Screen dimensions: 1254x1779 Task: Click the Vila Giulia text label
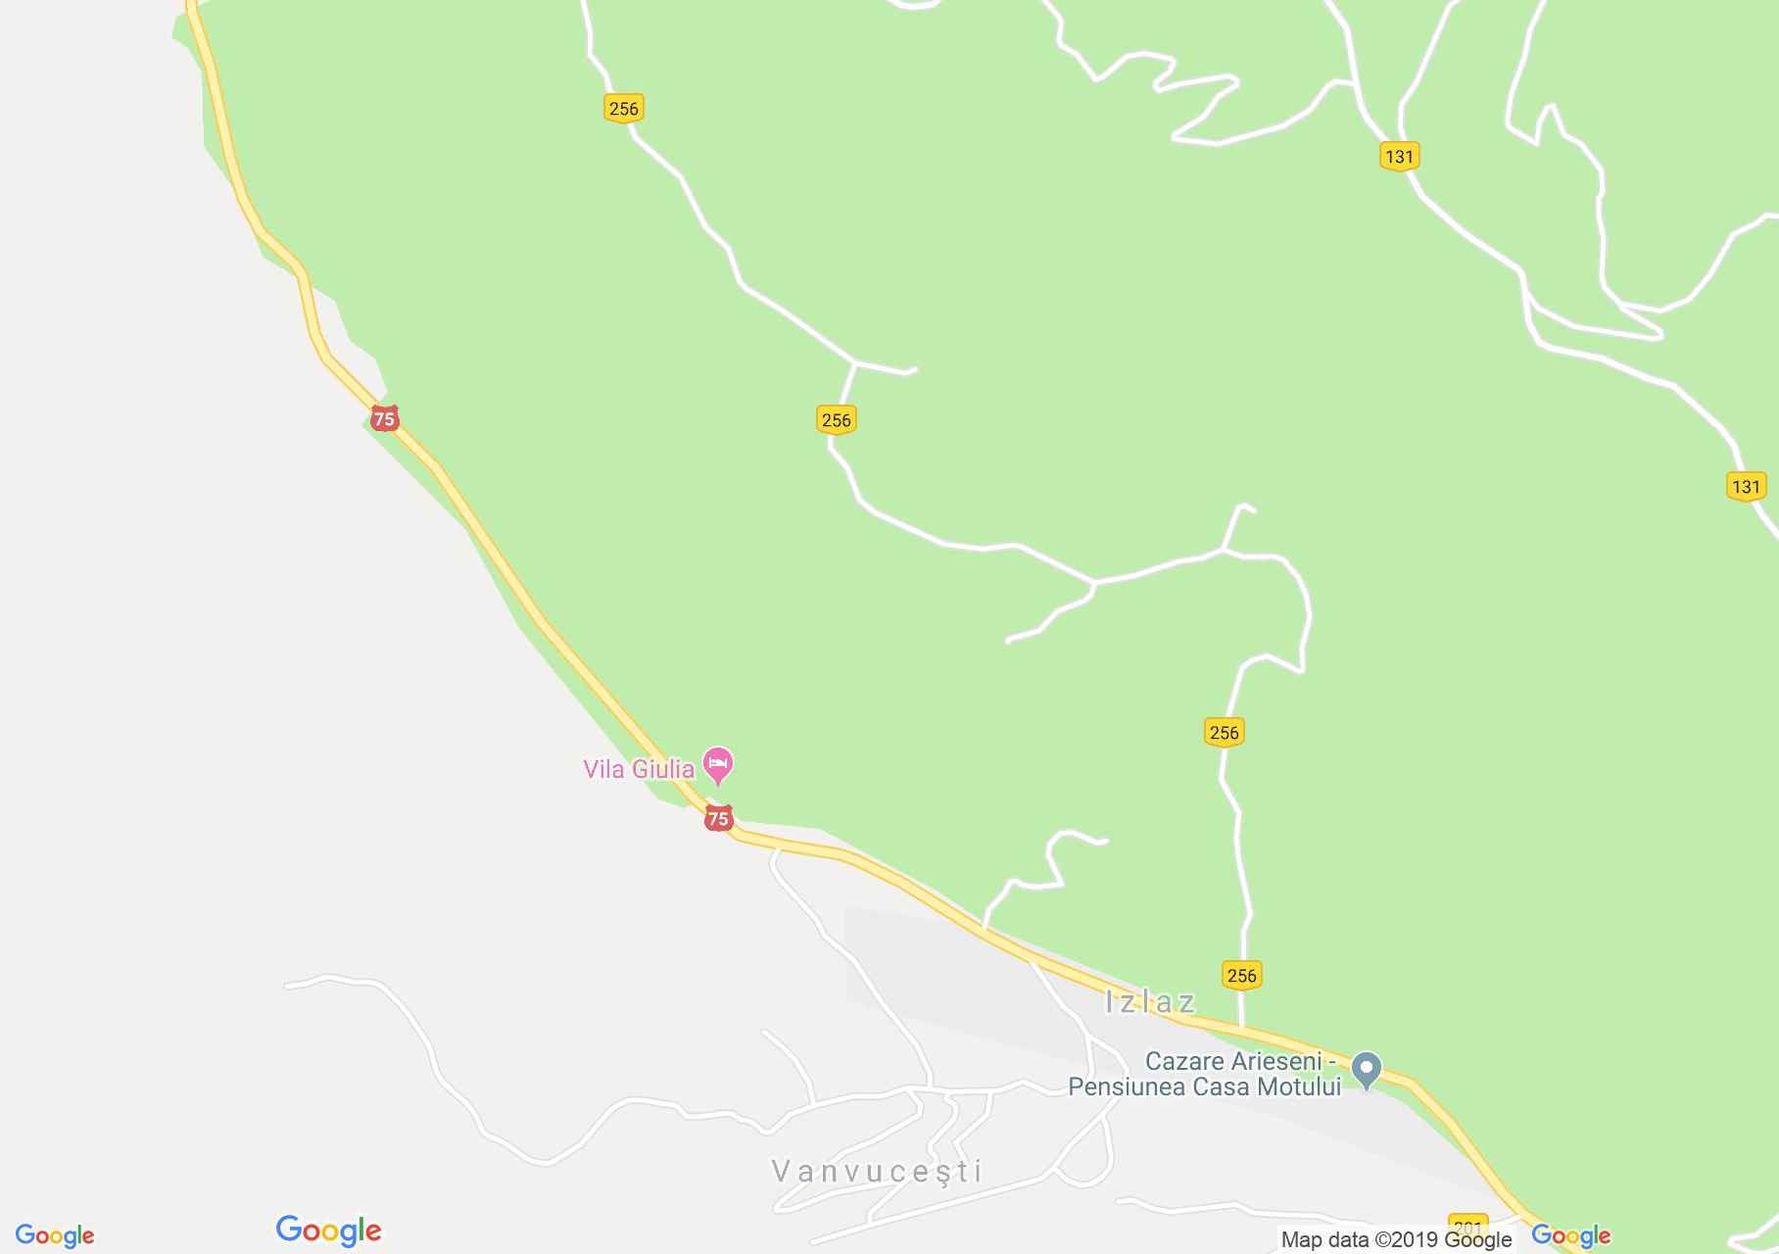tap(639, 769)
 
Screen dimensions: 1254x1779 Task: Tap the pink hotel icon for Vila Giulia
tap(719, 765)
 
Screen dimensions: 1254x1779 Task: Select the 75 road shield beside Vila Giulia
tap(718, 818)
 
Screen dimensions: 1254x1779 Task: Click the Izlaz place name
tap(1150, 1001)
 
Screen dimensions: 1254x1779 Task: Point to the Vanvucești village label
tap(877, 1171)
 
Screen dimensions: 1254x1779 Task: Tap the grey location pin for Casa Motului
tap(1367, 1069)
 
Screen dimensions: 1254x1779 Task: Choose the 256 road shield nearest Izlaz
tap(1241, 975)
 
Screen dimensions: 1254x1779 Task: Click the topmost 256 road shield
tap(623, 109)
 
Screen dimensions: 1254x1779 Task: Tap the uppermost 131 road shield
tap(1399, 156)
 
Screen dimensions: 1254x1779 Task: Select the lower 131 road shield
tap(1745, 487)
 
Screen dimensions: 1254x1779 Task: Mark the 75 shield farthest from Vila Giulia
tap(384, 419)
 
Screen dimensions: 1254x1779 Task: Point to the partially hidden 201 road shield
tap(1466, 1226)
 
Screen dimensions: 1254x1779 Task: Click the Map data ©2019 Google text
tap(1396, 1240)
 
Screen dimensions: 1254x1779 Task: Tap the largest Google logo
tap(328, 1230)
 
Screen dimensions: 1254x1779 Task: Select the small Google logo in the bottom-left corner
tap(55, 1236)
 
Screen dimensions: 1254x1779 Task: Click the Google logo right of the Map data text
tap(1570, 1236)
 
